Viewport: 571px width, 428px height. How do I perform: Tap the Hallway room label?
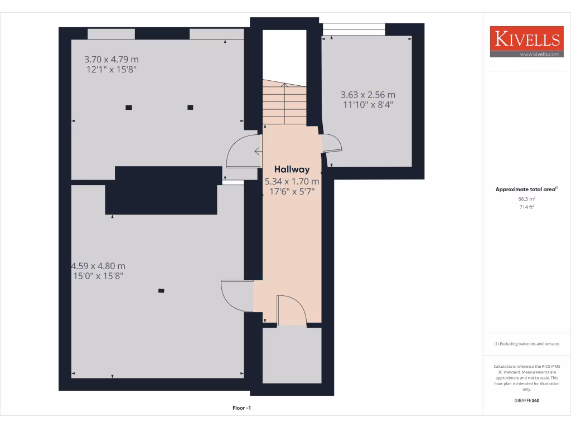[x=291, y=169]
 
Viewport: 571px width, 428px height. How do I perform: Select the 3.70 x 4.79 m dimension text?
[x=111, y=59]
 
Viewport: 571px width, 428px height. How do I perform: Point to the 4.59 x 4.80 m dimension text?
[x=99, y=266]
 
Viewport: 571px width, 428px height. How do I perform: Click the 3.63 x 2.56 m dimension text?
[x=367, y=95]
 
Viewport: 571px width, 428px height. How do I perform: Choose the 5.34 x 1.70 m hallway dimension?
[x=292, y=181]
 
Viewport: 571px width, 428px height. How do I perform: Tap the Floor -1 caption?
[x=242, y=408]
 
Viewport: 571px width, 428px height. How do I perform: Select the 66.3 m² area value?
[x=527, y=198]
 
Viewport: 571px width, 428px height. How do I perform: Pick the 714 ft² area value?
[x=527, y=207]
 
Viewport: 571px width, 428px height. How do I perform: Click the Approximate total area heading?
[x=526, y=189]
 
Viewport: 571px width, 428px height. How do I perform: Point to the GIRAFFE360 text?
[x=526, y=400]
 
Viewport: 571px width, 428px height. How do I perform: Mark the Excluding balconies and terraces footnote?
[x=526, y=344]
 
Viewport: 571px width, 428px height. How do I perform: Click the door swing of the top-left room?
[x=241, y=152]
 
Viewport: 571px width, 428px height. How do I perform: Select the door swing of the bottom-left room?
[x=235, y=296]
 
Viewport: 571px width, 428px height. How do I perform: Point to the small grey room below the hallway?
[x=292, y=355]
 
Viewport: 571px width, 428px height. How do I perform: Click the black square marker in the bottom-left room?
[x=161, y=290]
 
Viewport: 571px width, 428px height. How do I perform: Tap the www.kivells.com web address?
[x=539, y=54]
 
